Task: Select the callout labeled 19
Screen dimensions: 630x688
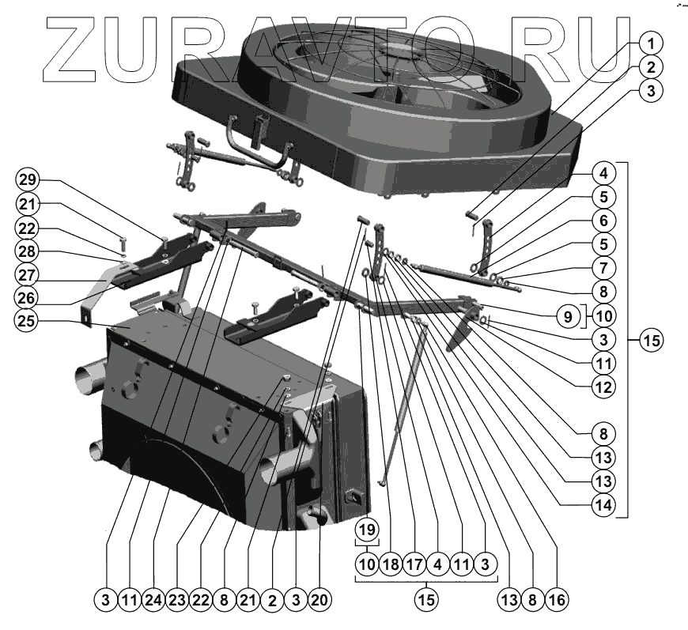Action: (365, 528)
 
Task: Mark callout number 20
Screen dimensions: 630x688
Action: (319, 599)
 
